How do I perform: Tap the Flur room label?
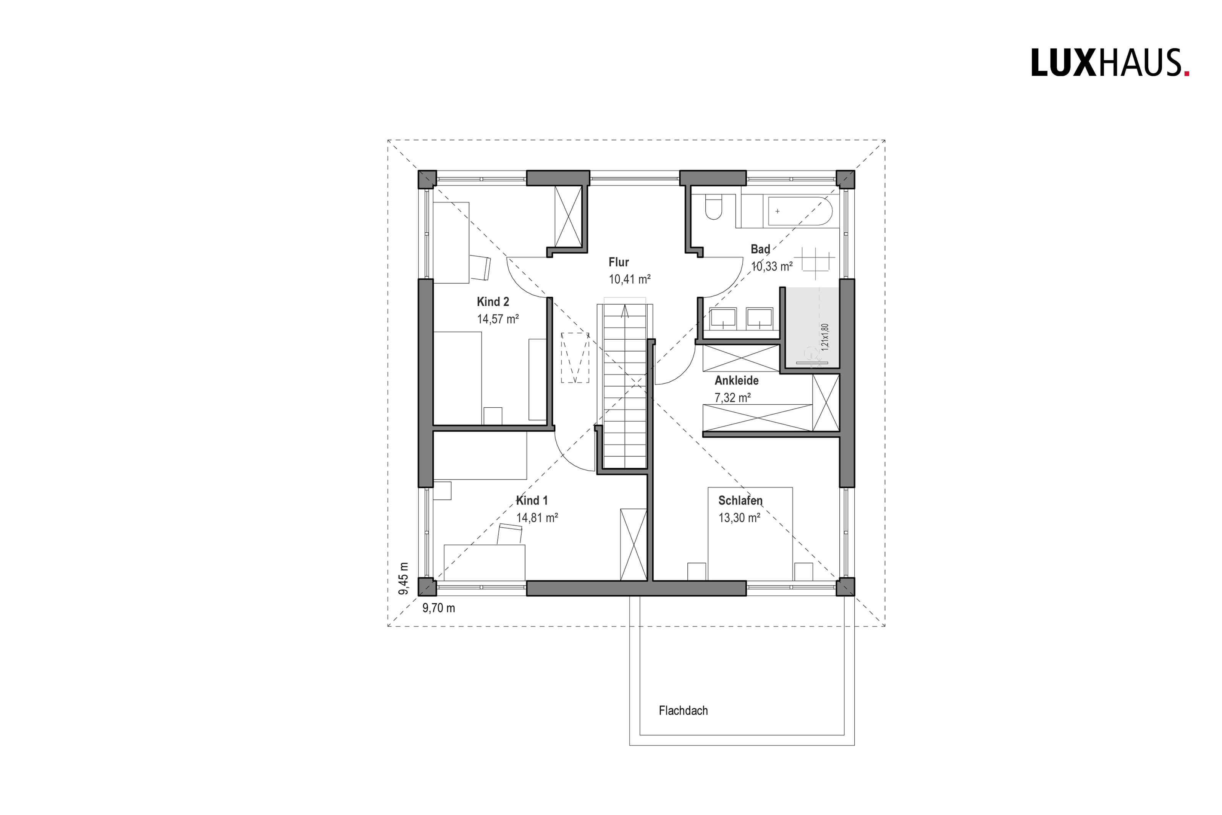619,262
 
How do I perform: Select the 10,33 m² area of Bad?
772,267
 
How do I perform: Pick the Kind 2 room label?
493,302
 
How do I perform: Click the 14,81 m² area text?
537,518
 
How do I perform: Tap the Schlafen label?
740,501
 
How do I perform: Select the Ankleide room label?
736,381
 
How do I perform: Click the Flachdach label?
683,711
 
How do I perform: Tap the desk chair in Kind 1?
509,534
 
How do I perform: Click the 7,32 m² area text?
732,398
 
